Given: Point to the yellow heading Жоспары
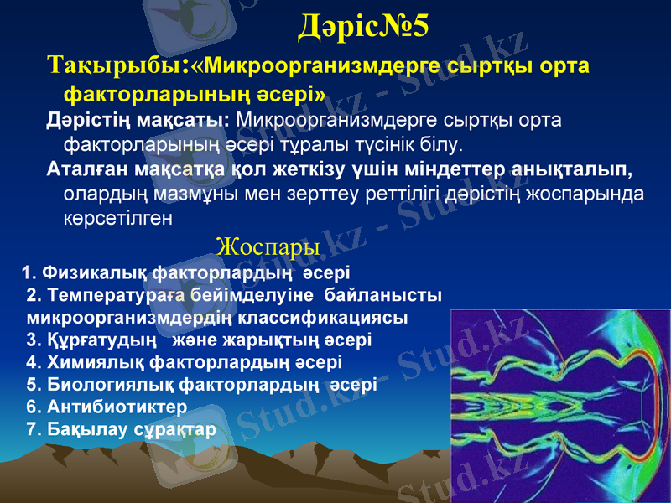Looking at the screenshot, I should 268,247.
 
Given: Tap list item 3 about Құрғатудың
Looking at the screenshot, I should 200,340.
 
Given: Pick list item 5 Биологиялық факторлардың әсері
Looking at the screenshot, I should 201,385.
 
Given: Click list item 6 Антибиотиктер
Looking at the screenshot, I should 107,407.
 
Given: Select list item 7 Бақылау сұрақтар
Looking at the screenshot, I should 122,429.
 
